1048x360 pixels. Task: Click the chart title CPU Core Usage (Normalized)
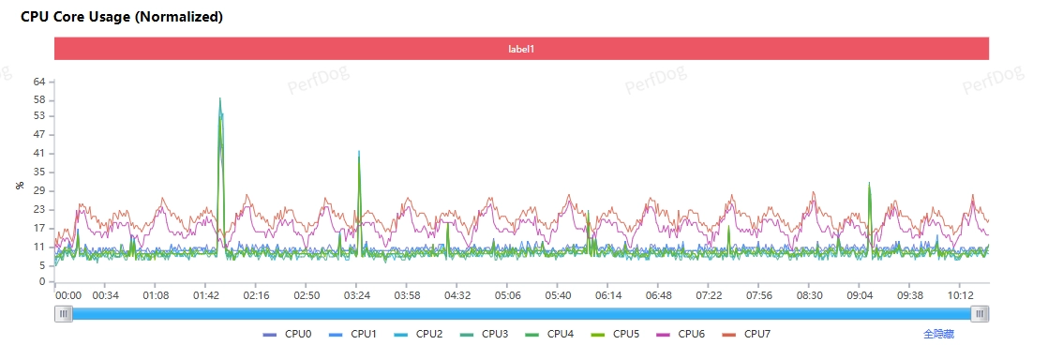[122, 18]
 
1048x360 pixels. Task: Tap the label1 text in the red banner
[522, 49]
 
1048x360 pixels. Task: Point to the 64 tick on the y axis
[38, 82]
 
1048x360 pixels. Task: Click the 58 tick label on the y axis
[38, 100]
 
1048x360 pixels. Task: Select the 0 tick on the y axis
[41, 282]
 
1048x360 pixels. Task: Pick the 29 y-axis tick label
[38, 191]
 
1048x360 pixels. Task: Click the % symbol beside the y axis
[20, 185]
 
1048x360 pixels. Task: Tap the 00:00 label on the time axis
[68, 295]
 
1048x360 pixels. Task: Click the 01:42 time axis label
[206, 295]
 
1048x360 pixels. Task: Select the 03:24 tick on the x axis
[357, 295]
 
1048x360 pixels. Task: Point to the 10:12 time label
[961, 295]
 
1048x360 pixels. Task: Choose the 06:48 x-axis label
[659, 295]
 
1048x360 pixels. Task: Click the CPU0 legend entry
[288, 334]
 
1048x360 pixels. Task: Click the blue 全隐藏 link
[939, 334]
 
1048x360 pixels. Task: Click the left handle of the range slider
[64, 313]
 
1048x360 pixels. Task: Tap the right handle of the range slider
[980, 313]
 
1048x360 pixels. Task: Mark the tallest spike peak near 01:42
[220, 98]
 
